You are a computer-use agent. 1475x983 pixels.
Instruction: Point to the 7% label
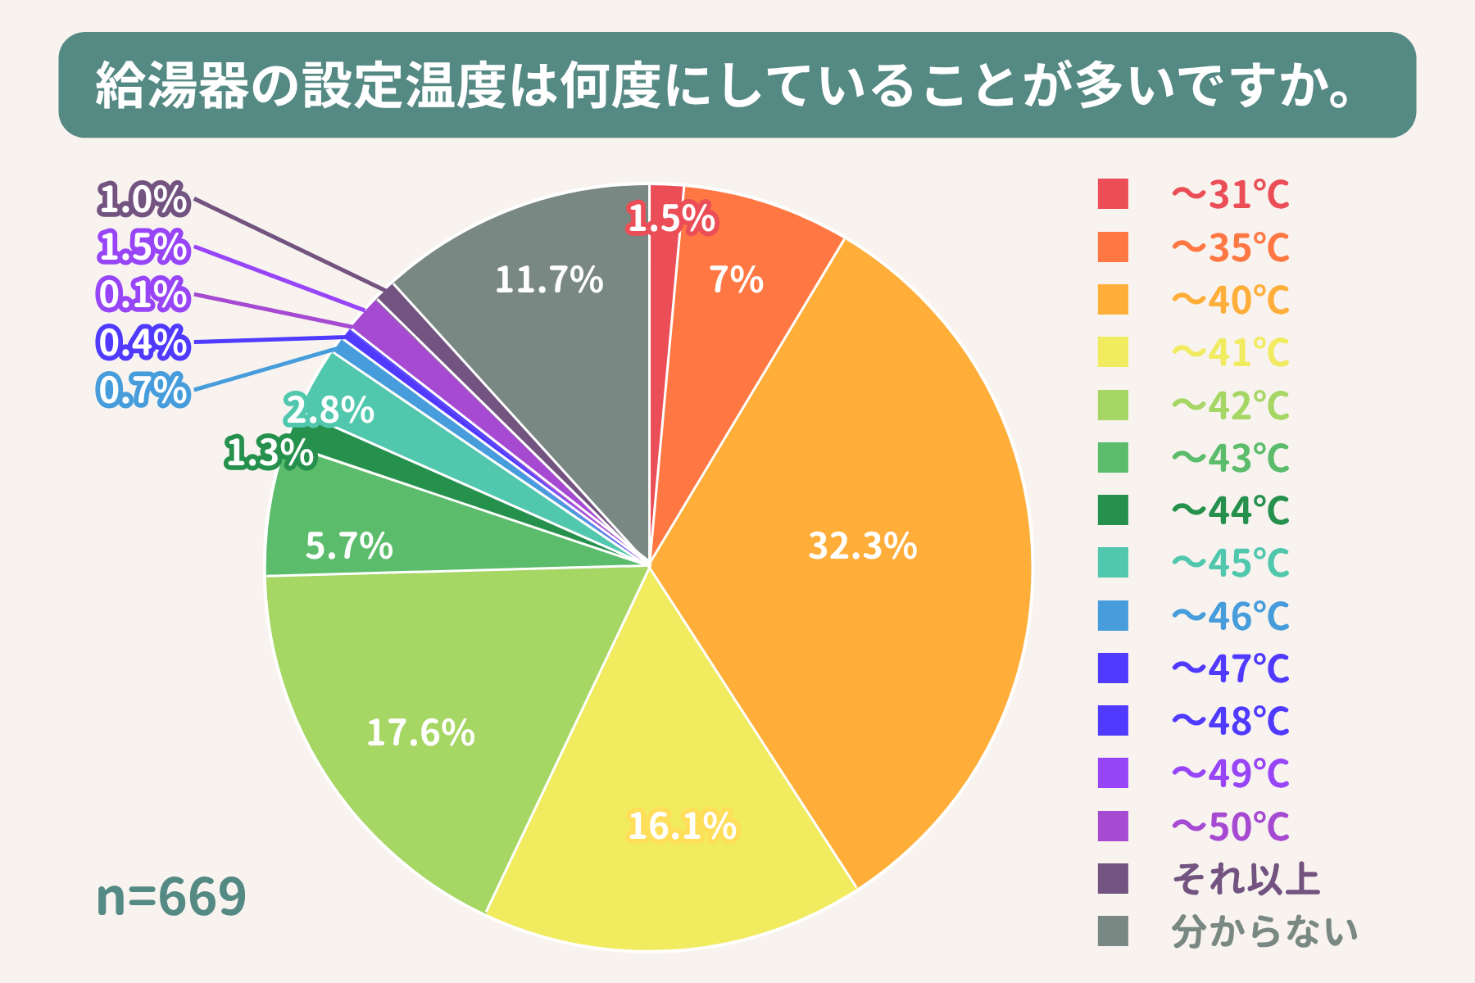(736, 280)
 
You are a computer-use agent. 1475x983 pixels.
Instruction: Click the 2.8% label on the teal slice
(329, 410)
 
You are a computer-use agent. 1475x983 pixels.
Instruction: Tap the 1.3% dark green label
(269, 452)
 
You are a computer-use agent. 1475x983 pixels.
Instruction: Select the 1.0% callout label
(143, 199)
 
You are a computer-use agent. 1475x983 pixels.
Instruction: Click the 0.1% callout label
(143, 294)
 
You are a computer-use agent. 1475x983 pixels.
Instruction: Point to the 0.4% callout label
(143, 342)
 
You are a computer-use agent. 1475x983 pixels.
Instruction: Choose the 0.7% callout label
(143, 390)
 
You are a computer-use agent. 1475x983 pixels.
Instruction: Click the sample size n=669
(170, 896)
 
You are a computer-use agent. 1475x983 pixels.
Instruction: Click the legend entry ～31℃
(1230, 195)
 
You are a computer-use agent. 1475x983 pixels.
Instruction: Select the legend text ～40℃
(1230, 300)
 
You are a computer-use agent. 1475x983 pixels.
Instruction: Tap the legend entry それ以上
(1246, 879)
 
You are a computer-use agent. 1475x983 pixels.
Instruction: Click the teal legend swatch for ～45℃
(1113, 563)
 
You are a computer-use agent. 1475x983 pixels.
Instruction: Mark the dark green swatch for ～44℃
(1113, 510)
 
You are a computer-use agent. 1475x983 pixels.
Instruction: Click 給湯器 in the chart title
(172, 85)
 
